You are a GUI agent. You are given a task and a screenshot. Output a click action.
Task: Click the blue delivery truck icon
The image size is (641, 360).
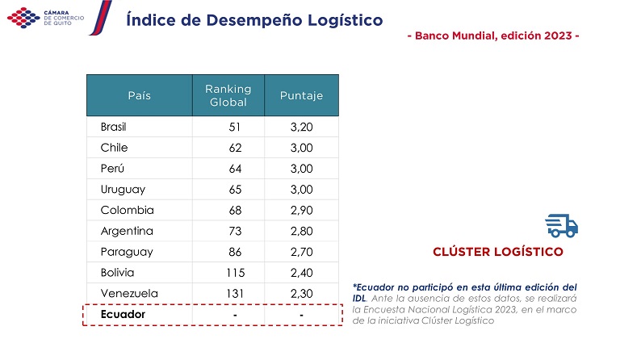562,225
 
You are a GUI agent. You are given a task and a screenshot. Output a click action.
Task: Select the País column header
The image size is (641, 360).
139,95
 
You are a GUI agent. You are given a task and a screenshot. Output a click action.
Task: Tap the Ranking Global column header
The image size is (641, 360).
228,95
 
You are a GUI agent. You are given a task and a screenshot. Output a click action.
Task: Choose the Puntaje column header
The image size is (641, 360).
301,95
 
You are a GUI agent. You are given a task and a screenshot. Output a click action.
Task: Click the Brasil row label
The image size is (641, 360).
114,127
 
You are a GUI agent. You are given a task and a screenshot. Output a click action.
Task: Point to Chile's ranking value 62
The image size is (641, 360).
235,148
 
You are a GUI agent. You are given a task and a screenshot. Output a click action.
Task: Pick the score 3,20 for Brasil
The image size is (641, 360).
301,127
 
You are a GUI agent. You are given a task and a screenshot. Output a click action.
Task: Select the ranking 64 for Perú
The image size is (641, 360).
235,169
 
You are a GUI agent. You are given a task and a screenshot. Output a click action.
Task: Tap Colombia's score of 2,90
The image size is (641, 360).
301,210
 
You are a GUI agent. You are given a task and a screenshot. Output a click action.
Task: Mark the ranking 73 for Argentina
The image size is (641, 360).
235,231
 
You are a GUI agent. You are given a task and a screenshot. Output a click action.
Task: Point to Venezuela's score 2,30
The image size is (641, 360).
301,293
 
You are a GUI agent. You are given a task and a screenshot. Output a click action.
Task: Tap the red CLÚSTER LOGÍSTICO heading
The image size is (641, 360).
498,252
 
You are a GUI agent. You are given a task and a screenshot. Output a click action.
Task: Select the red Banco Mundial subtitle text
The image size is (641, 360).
493,36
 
